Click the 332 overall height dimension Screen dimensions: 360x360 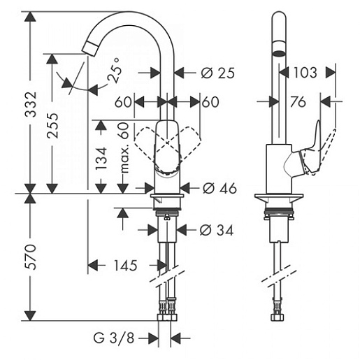pos(31,104)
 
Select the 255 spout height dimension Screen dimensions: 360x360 pos(52,126)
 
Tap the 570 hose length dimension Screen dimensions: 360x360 pos(31,257)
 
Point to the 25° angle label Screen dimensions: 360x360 pos(115,71)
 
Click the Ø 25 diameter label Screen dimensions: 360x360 pos(217,73)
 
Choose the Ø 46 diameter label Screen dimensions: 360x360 pos(219,188)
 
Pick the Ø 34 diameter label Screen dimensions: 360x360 pos(216,230)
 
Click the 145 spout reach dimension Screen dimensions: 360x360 pos(125,266)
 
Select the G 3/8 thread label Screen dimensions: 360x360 pos(114,338)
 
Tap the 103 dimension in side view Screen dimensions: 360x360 pos(305,73)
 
